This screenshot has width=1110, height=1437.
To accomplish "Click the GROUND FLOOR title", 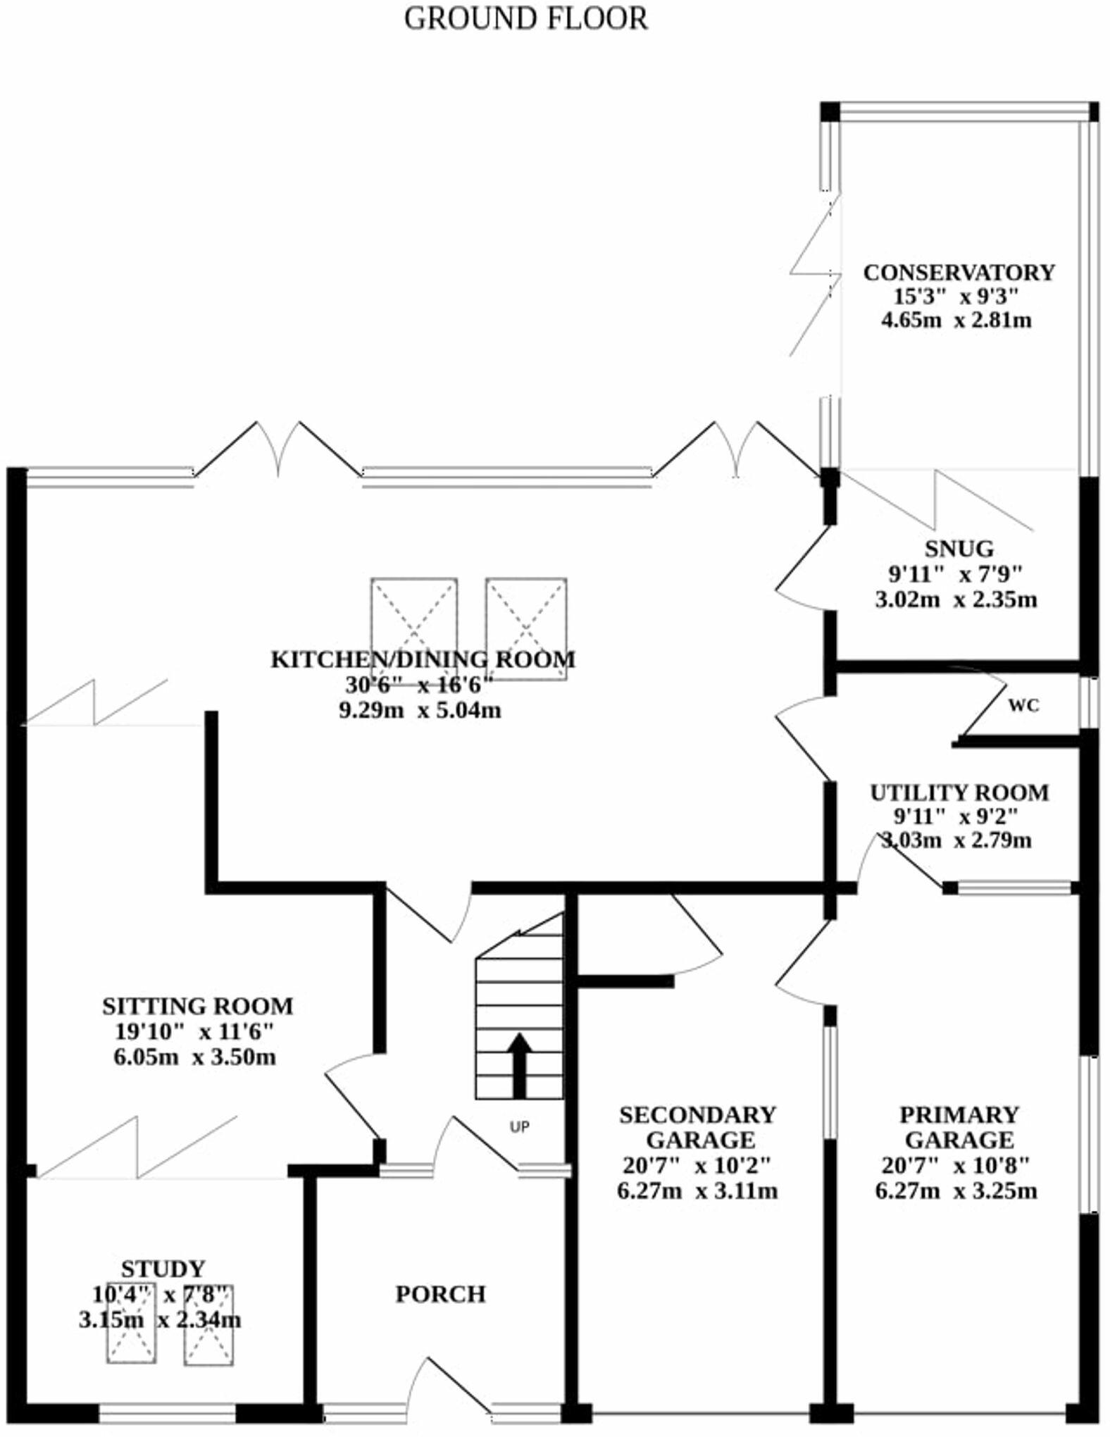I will pyautogui.click(x=525, y=18).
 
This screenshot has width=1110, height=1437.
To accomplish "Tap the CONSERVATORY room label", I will pyautogui.click(x=959, y=272).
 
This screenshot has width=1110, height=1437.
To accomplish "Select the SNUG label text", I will pyautogui.click(x=959, y=548).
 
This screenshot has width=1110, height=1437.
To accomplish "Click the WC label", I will pyautogui.click(x=1023, y=706).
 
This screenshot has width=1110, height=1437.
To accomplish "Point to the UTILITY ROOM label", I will pyautogui.click(x=959, y=792).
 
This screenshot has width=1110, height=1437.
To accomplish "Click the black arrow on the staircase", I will pyautogui.click(x=520, y=1065).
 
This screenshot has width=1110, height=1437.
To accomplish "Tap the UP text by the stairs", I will pyautogui.click(x=519, y=1127).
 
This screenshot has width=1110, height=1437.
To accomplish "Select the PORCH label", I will pyautogui.click(x=441, y=1294).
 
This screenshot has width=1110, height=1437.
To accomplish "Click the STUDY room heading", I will pyautogui.click(x=163, y=1269).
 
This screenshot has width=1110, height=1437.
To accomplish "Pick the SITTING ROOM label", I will pyautogui.click(x=197, y=1006).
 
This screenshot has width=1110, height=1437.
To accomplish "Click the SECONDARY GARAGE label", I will pyautogui.click(x=697, y=1127).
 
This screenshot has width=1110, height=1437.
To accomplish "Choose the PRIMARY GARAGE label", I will pyautogui.click(x=959, y=1127).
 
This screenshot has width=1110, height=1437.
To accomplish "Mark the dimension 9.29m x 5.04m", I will pyautogui.click(x=420, y=710).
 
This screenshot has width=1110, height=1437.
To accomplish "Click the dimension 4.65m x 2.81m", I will pyautogui.click(x=956, y=321).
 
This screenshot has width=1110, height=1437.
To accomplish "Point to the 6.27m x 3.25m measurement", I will pyautogui.click(x=956, y=1191).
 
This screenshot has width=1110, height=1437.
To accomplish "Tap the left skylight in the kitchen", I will pyautogui.click(x=414, y=628).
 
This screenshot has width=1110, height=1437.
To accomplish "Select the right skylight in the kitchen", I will pyautogui.click(x=526, y=628).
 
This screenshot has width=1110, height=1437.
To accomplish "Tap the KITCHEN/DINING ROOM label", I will pyautogui.click(x=423, y=659).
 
